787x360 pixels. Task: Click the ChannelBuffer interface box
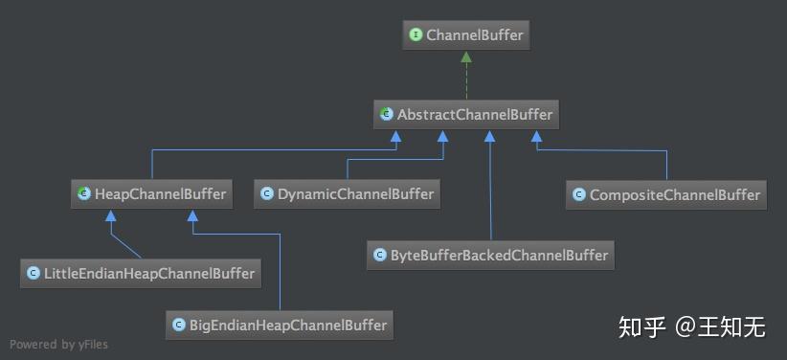coord(465,36)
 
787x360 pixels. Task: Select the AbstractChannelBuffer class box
coord(466,115)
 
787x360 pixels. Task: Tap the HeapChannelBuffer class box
coord(152,194)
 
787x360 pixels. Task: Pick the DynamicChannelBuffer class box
coord(348,194)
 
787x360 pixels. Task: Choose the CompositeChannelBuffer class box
coord(666,194)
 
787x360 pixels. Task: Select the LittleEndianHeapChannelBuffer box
coord(142,274)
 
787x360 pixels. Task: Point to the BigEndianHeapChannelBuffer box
coord(280,325)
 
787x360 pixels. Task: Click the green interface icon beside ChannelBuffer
coord(416,36)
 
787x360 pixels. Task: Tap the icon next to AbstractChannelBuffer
coord(386,115)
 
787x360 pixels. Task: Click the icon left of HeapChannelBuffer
coord(84,194)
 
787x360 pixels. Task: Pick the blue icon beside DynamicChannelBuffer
coord(267,194)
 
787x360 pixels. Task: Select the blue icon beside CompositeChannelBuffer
coord(578,194)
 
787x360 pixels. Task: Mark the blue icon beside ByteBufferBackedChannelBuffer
coord(380,255)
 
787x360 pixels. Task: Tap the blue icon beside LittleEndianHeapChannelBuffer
coord(34,274)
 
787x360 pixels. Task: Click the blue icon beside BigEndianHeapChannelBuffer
coord(178,325)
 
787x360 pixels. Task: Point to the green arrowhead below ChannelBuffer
coord(466,57)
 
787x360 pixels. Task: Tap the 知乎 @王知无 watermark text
coord(691,326)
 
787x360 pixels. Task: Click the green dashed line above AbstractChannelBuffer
coord(466,81)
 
